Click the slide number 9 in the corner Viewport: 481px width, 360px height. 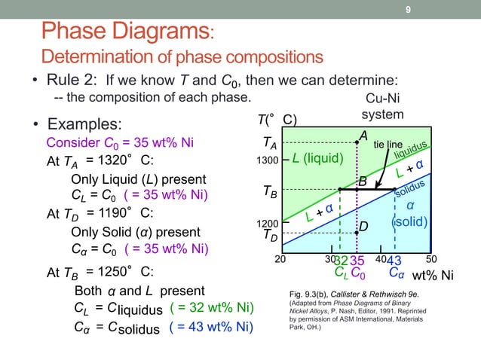click(x=408, y=10)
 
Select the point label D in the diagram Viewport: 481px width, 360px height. click(x=363, y=226)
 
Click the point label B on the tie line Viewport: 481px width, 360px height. click(x=363, y=182)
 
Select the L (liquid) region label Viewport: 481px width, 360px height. click(x=317, y=158)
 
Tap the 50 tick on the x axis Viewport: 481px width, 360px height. click(x=431, y=258)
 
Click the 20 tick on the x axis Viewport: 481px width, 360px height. click(x=280, y=258)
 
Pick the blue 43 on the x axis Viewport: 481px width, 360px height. click(x=394, y=261)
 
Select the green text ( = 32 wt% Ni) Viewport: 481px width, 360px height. click(x=211, y=309)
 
